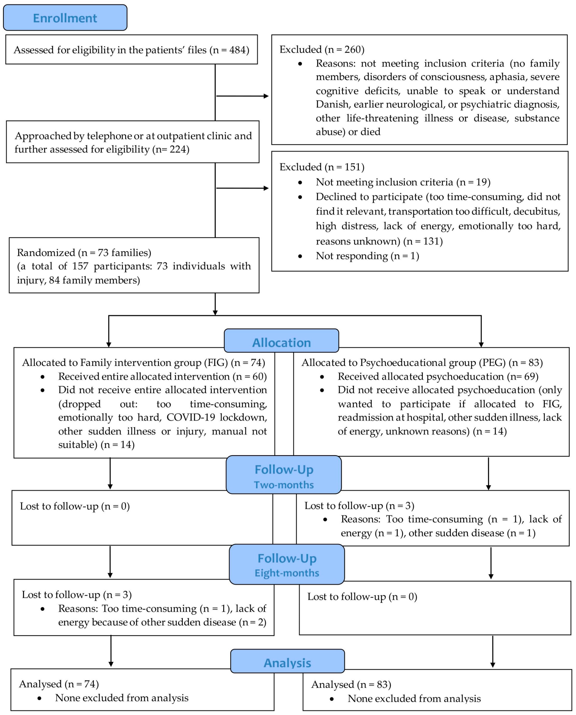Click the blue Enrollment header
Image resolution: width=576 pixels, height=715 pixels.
click(65, 18)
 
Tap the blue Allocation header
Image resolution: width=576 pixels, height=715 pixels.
click(281, 342)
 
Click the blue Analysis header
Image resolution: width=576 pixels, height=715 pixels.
click(287, 663)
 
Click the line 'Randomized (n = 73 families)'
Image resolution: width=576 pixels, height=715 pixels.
click(84, 253)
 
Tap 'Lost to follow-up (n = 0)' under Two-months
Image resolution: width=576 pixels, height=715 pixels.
click(75, 506)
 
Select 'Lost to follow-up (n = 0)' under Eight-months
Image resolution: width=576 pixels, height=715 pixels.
click(362, 597)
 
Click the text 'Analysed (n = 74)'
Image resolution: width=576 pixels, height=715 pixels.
click(59, 684)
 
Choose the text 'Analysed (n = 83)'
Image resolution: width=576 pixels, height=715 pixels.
click(351, 685)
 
